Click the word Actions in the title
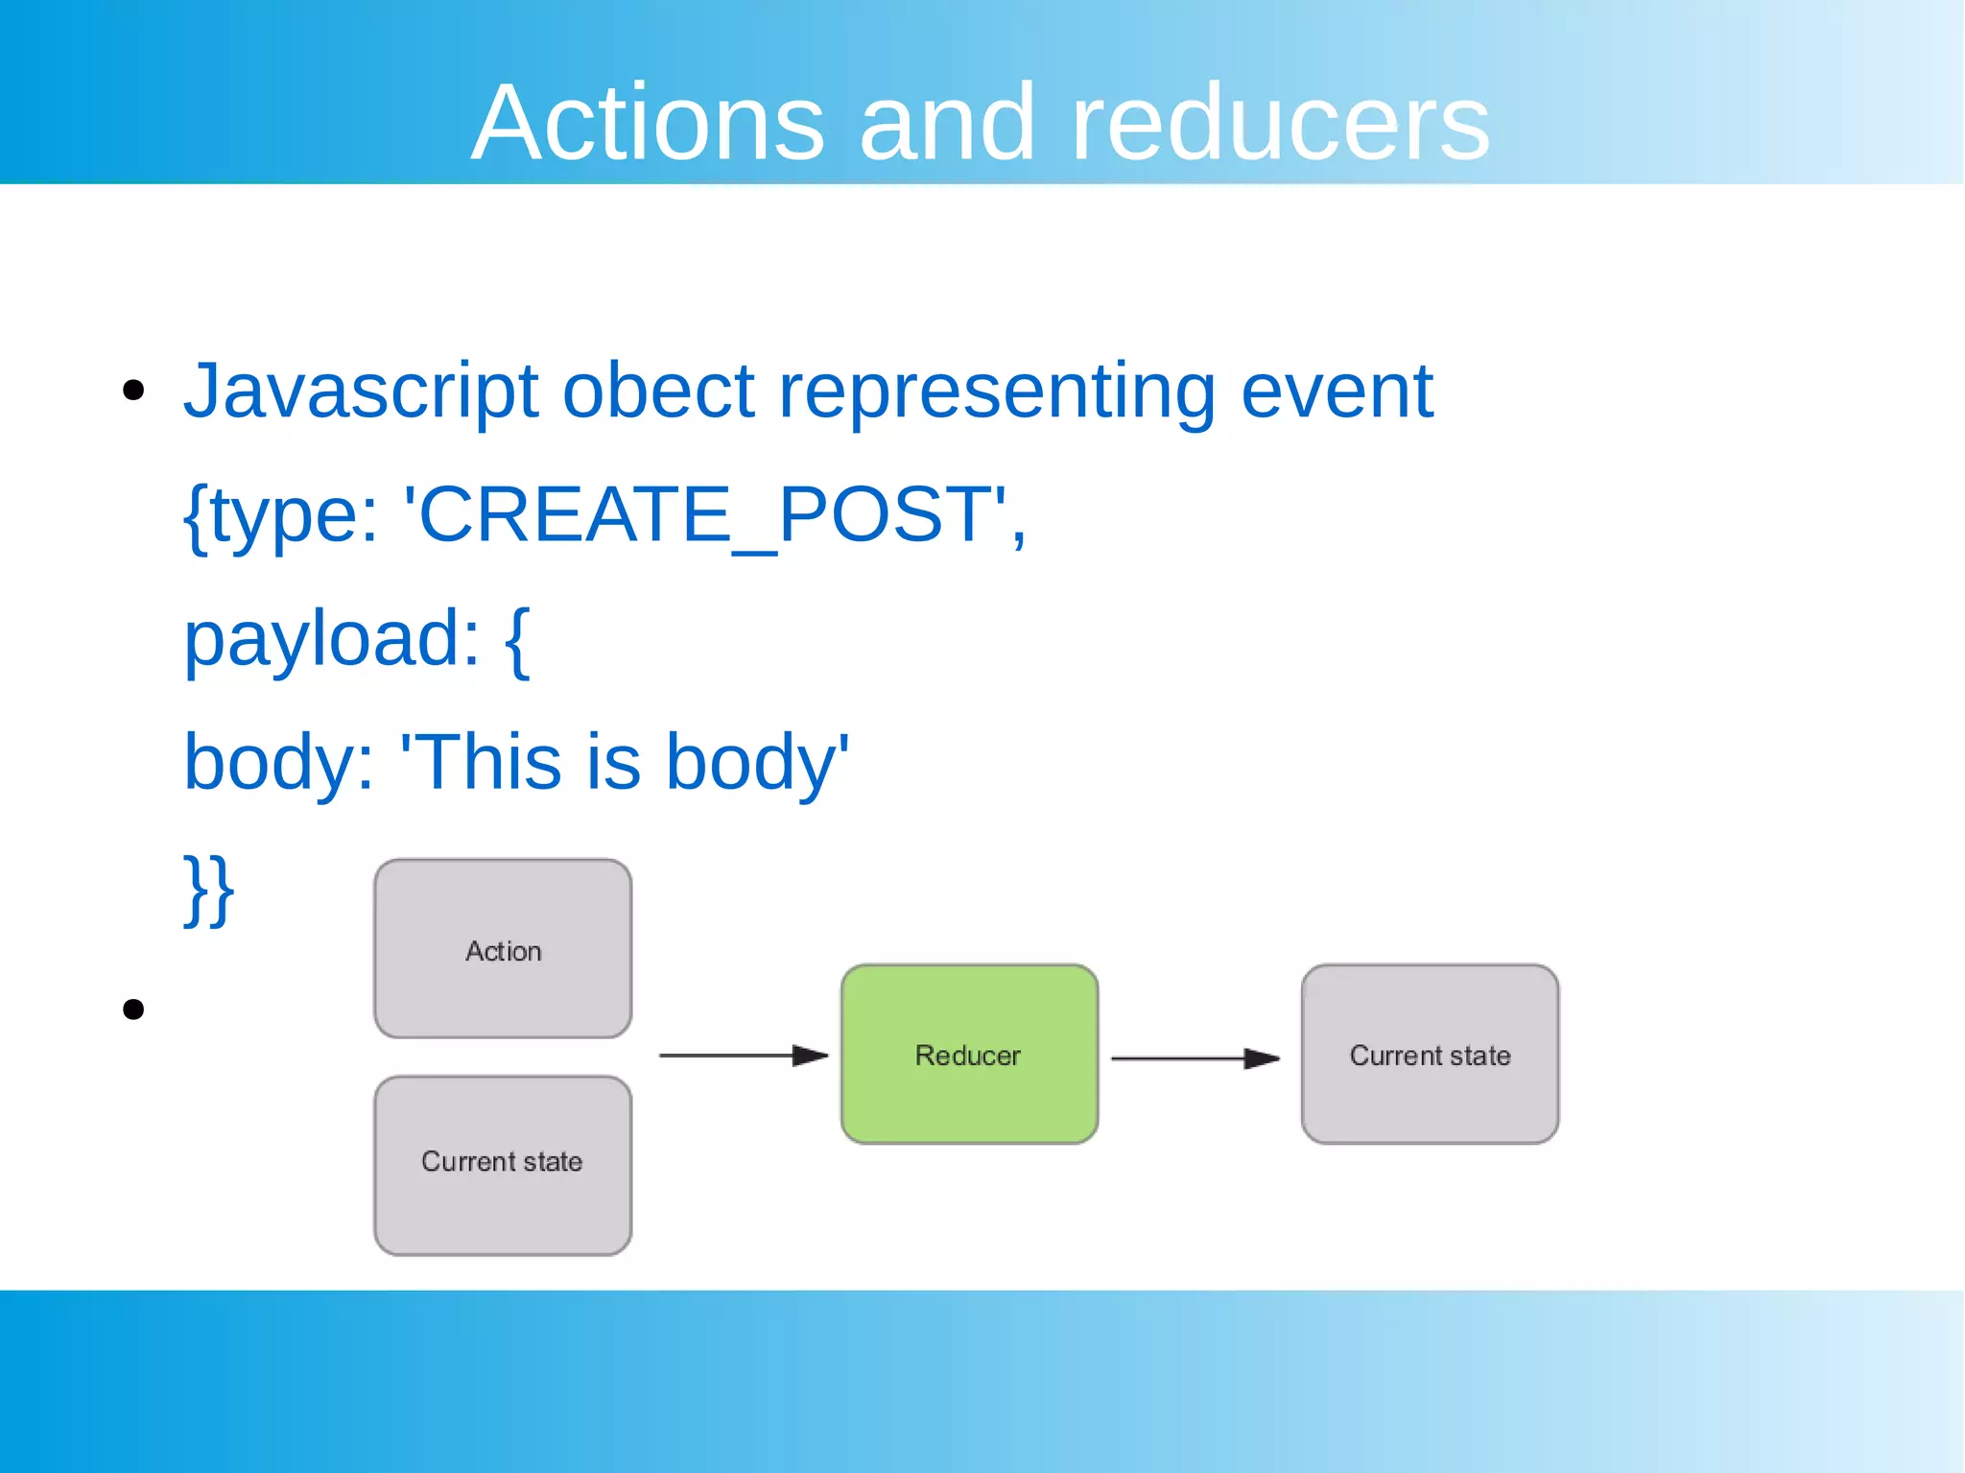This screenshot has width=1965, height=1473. [x=648, y=122]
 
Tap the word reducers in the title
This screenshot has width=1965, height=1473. [x=1280, y=122]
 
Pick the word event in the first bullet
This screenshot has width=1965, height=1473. [x=1338, y=392]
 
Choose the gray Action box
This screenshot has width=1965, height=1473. [x=503, y=949]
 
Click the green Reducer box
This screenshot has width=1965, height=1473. [x=969, y=1054]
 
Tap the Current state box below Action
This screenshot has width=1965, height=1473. [x=503, y=1165]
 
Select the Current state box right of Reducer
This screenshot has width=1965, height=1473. [x=1430, y=1054]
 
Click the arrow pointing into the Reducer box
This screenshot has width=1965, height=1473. [x=744, y=1056]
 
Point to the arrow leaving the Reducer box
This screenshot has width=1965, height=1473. [x=1196, y=1058]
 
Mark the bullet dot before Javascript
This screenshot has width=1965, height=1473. [x=133, y=391]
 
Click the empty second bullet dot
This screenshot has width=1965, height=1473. [x=133, y=1009]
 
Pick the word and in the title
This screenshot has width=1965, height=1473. [x=947, y=122]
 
